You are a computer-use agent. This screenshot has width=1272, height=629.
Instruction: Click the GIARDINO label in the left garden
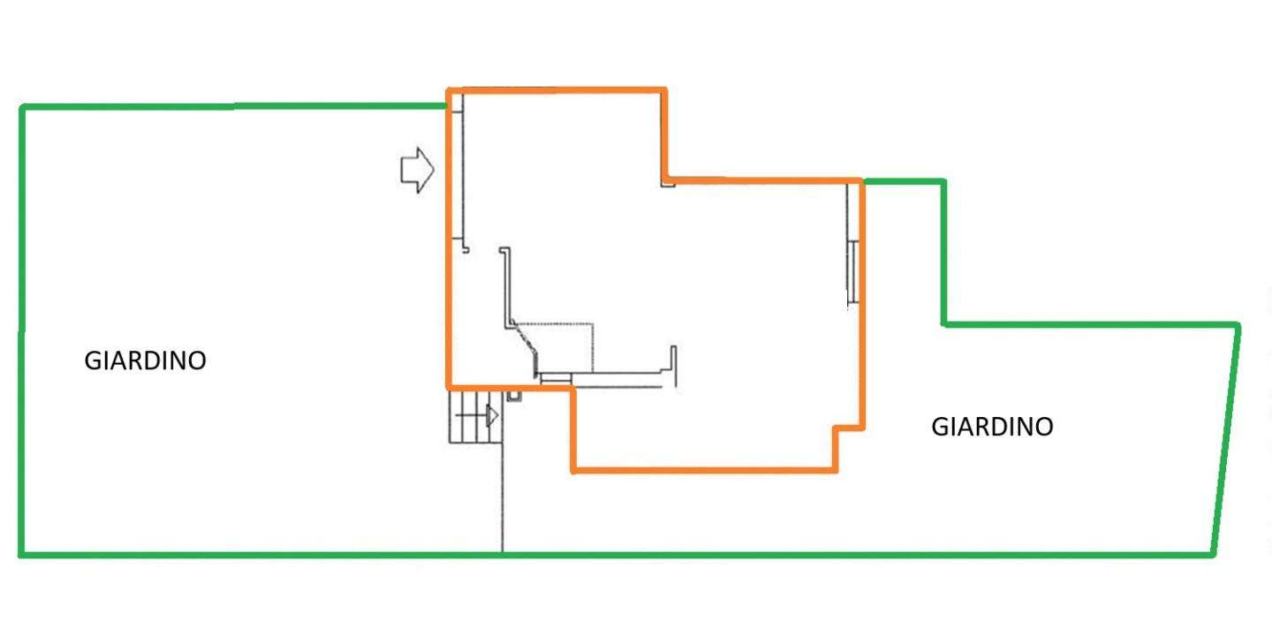pos(145,360)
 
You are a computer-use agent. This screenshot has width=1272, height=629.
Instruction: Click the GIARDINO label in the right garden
pos(992,427)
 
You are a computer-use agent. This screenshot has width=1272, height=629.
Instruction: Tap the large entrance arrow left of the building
pos(417,170)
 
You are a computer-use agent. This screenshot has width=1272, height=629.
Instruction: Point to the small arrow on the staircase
pos(492,416)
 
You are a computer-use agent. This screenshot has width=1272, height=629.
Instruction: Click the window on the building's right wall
pos(852,272)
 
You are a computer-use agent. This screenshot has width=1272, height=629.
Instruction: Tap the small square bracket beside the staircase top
pos(514,397)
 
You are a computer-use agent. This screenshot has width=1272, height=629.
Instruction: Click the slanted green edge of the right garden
pos(1226,439)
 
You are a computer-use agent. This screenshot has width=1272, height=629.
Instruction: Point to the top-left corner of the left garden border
pos(22,107)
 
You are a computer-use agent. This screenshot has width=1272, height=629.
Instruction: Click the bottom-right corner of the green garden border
pos(1212,555)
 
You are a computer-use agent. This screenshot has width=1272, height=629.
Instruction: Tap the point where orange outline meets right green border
pos(862,182)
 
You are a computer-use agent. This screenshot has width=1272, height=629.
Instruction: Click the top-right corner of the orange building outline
pos(664,90)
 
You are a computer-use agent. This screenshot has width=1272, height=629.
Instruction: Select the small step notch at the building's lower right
pos(849,428)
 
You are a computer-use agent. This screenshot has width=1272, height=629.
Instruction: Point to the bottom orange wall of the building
pos(704,470)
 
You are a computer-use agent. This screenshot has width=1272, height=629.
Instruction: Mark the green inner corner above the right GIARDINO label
pos(943,325)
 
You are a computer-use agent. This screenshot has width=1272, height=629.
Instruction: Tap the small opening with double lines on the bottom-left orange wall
pos(556,378)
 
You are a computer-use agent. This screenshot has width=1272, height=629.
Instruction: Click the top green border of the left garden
pos(234,106)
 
